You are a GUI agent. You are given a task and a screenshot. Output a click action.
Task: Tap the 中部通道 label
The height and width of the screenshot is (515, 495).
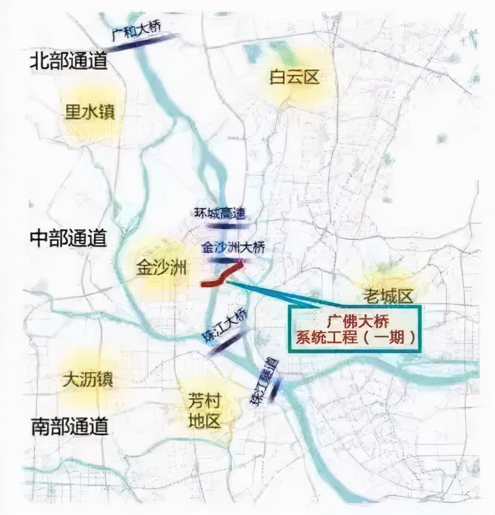pyautogui.click(x=69, y=238)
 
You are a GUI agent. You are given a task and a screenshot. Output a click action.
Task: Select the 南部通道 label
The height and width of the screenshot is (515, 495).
pyautogui.click(x=70, y=425)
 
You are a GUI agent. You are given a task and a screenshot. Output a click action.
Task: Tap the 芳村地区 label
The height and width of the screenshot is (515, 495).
pyautogui.click(x=204, y=411)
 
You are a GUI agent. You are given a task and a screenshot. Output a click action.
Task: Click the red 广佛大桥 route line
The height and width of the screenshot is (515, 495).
pyautogui.click(x=221, y=277)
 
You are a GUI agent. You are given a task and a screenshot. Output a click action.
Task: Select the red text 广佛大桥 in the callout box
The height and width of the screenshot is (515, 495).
pyautogui.click(x=353, y=322)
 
